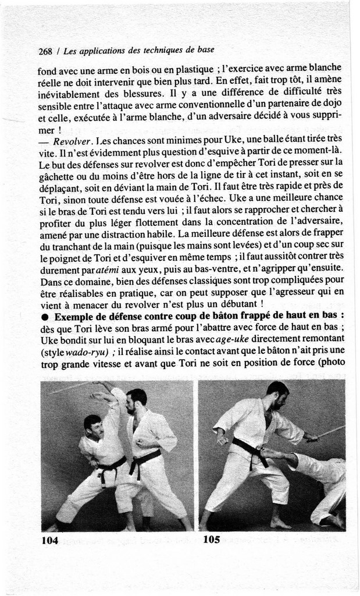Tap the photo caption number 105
[212, 540]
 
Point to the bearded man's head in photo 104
[137, 401]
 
